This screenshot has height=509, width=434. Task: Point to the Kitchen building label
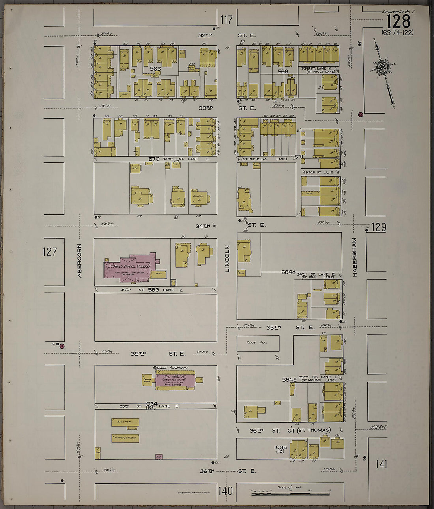coord(125,422)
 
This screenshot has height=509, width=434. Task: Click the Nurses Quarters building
coord(125,438)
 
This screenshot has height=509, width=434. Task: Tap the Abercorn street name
coord(79,260)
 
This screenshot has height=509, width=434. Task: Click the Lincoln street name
coord(227,259)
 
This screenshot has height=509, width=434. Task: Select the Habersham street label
coord(354,257)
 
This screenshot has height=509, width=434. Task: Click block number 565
coord(155,69)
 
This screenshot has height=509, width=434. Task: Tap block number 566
coord(282,71)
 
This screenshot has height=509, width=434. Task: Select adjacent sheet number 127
coord(50,252)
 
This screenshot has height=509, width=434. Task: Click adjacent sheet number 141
coord(381,464)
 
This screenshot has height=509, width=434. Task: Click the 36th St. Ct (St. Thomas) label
coord(290,430)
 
